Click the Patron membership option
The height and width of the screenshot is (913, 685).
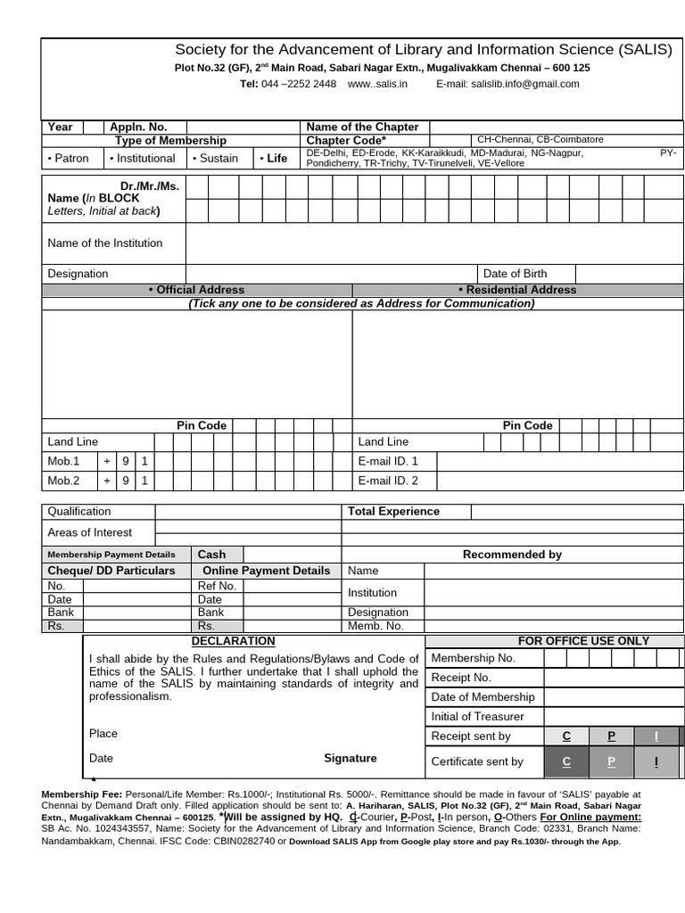69,158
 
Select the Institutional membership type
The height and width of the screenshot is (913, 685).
142,158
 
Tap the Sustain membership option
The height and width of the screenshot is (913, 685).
214,158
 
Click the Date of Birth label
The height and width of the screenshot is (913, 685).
515,274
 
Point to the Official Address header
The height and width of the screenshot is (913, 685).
196,290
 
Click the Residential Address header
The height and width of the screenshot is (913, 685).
517,290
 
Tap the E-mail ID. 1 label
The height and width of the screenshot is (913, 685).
387,461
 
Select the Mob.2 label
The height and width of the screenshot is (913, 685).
63,481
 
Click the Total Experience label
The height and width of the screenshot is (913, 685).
393,512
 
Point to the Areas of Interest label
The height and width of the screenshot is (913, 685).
89,532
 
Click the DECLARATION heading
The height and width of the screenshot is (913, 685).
233,641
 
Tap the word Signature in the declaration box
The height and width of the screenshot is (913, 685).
350,758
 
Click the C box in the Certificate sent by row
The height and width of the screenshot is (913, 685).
566,761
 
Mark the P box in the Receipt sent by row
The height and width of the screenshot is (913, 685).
611,736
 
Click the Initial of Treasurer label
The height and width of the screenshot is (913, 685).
477,717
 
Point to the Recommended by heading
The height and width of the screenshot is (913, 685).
512,555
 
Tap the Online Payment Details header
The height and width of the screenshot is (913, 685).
266,571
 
